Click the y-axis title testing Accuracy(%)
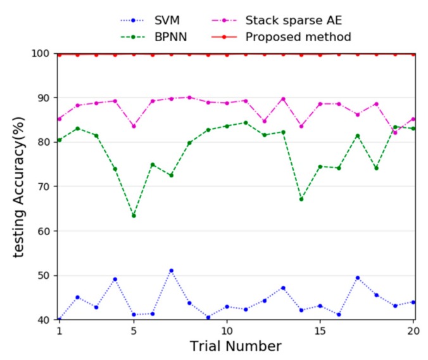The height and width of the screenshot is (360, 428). [x=20, y=186]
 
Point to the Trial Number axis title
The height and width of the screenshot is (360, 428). [x=236, y=347]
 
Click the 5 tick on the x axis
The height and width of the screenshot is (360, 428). [x=134, y=331]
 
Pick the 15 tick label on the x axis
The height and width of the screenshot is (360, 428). [x=320, y=331]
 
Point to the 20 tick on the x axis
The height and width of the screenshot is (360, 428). [x=413, y=331]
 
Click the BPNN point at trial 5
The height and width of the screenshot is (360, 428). [x=134, y=215]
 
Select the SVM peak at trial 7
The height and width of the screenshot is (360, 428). [x=171, y=271]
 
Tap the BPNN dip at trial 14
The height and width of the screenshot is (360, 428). [x=301, y=199]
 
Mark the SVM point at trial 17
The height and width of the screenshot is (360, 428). [x=357, y=278]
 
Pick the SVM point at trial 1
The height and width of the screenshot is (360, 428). [x=59, y=319]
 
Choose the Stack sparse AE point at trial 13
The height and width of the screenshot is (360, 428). [x=282, y=99]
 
